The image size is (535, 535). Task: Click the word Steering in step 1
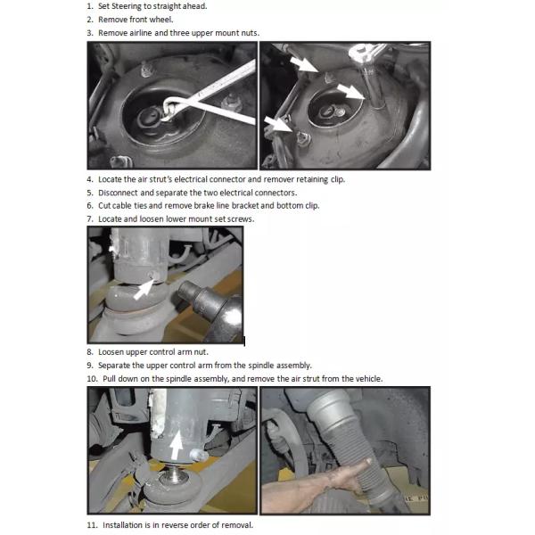tap(126, 6)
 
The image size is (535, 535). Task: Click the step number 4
tap(90, 179)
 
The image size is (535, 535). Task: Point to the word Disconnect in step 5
tap(118, 193)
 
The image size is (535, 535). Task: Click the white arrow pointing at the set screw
tap(144, 289)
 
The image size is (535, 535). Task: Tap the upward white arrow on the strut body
tap(177, 444)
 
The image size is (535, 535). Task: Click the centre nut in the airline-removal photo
tap(147, 119)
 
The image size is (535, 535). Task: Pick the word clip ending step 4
tap(337, 179)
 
